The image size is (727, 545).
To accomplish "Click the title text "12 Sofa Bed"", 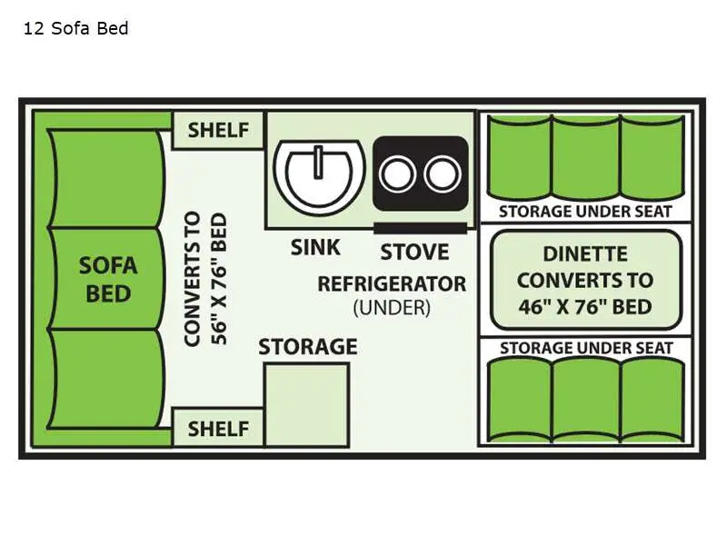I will coord(75,28).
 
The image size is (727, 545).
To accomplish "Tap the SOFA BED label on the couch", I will coord(108,279).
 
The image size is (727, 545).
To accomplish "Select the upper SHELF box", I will coord(218,130).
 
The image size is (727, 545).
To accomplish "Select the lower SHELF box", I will coord(218,428).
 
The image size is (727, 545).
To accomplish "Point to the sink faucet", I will coord(319,162).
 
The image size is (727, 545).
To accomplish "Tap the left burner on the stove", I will coord(397,173).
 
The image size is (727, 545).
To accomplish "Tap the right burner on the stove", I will coord(443,173).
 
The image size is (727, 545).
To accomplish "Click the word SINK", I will coord(315,247).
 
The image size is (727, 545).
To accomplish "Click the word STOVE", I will coord(414,251).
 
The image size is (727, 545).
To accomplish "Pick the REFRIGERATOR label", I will coord(391,283).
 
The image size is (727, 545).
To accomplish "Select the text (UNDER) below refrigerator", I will coord(391,308).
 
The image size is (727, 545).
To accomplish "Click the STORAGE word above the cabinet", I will coord(307,347).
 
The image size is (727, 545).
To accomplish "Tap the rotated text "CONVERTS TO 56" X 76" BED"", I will coord(204,279).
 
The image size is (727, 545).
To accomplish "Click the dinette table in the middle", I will coord(585,279).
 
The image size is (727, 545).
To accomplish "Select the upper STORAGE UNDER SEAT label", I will coord(585,212).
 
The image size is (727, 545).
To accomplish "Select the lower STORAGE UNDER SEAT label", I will coord(585,347).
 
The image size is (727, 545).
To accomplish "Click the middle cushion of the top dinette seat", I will coord(585,156).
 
